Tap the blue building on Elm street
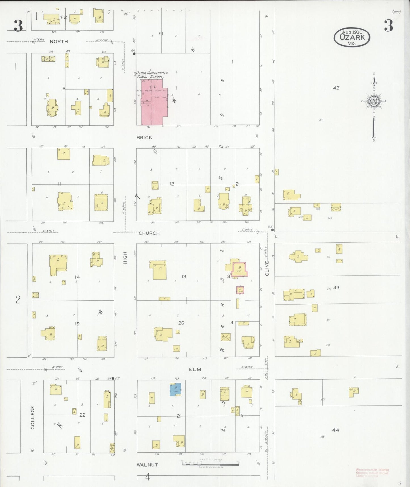[x=175, y=389]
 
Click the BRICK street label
[x=144, y=138]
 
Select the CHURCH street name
[x=149, y=233]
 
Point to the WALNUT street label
[x=147, y=465]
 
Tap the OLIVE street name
[x=267, y=268]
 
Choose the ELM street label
[x=195, y=369]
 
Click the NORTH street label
[x=59, y=41]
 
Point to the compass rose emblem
[x=374, y=101]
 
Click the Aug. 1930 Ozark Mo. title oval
[x=352, y=38]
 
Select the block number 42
[x=336, y=88]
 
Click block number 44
[x=335, y=430]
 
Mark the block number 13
[x=184, y=276]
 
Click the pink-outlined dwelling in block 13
[x=240, y=269]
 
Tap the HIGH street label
[x=125, y=258]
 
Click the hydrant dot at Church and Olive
[x=272, y=230]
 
